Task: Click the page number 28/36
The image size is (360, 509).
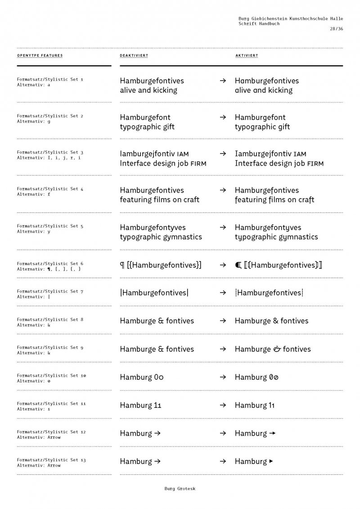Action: click(336, 29)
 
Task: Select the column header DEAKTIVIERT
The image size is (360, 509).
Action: click(134, 56)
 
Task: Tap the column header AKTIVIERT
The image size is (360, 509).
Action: click(247, 56)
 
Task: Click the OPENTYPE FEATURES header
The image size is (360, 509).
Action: click(40, 56)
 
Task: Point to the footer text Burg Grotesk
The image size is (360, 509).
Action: click(180, 488)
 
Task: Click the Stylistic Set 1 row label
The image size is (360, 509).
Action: click(50, 80)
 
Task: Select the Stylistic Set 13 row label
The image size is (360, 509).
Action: click(51, 460)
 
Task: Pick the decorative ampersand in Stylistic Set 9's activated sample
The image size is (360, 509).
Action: click(277, 349)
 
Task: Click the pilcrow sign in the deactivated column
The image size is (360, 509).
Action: click(122, 266)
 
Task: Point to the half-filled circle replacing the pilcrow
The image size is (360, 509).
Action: click(238, 265)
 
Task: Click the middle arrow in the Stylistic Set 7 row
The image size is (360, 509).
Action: click(222, 293)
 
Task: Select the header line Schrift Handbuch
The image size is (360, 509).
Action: click(259, 23)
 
